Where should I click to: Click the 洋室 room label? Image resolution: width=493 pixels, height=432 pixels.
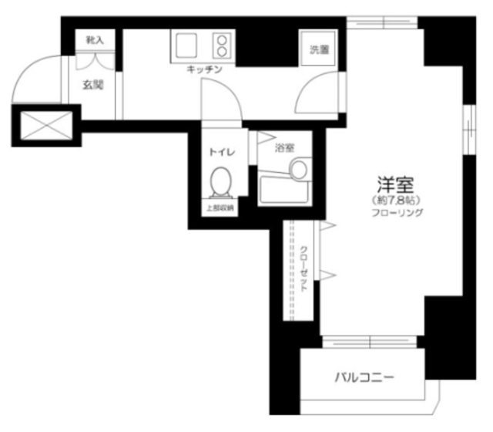396,185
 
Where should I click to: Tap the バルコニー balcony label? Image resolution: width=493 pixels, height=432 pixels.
364,378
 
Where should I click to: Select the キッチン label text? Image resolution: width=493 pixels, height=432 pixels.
204,70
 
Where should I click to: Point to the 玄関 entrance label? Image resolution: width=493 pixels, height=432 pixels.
93,85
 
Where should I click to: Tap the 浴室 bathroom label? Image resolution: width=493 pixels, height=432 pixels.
284,148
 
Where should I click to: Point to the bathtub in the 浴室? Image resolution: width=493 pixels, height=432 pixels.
284,190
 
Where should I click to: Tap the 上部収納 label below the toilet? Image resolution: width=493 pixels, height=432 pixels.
220,208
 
